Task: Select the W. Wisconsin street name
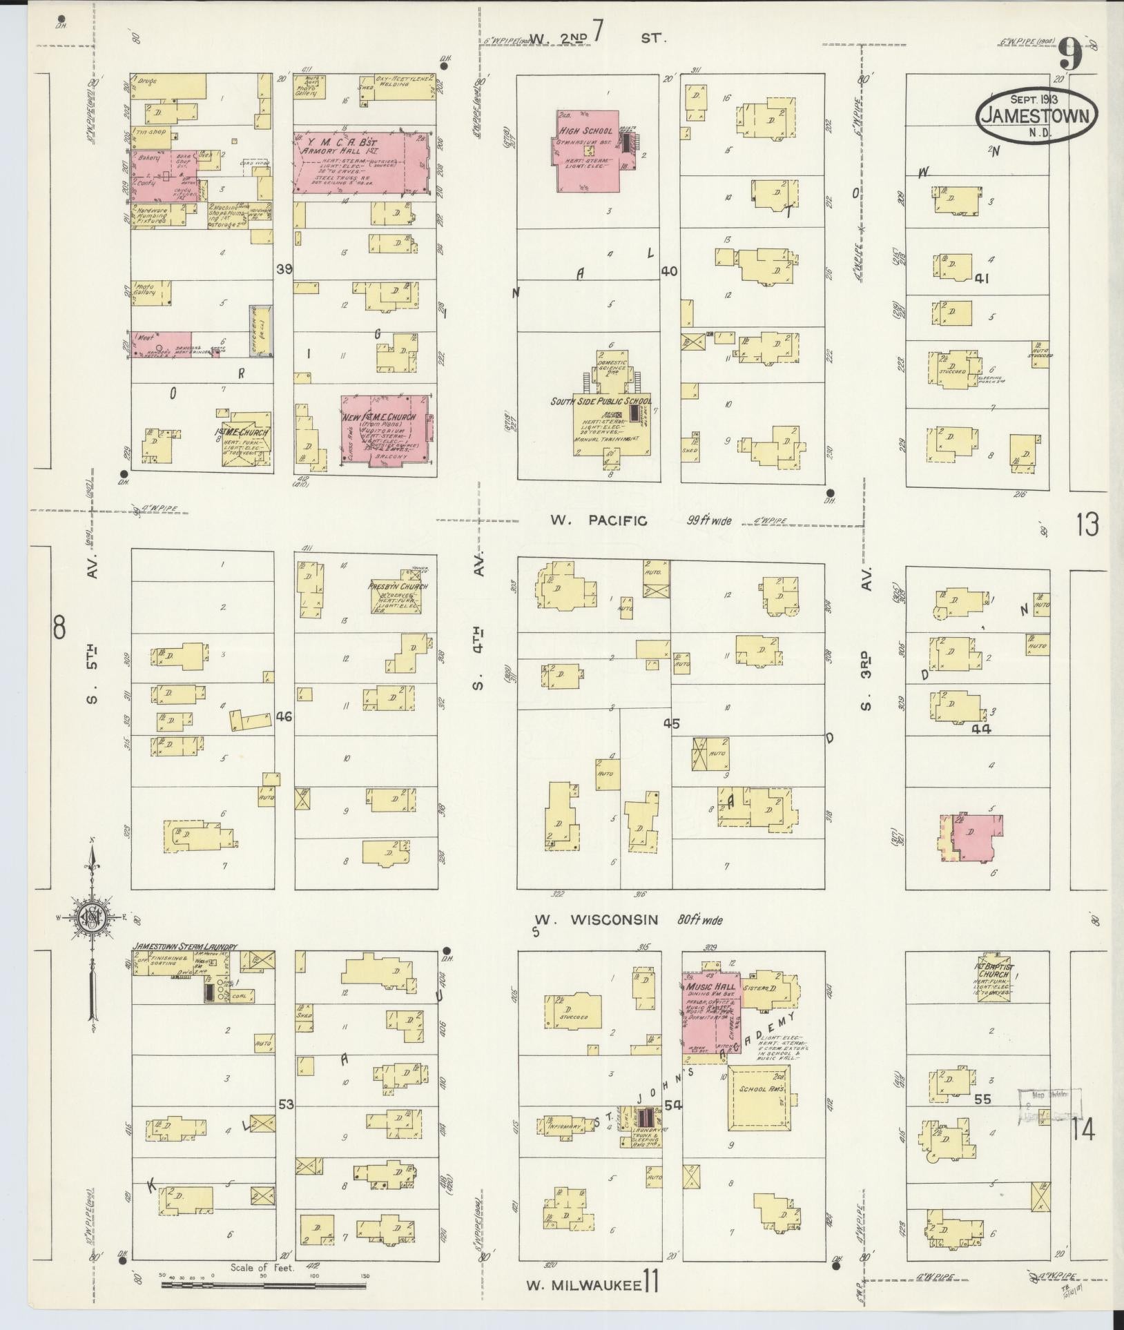[x=597, y=920]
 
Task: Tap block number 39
[x=284, y=268]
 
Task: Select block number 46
[x=284, y=716]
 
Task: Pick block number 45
[x=671, y=723]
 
